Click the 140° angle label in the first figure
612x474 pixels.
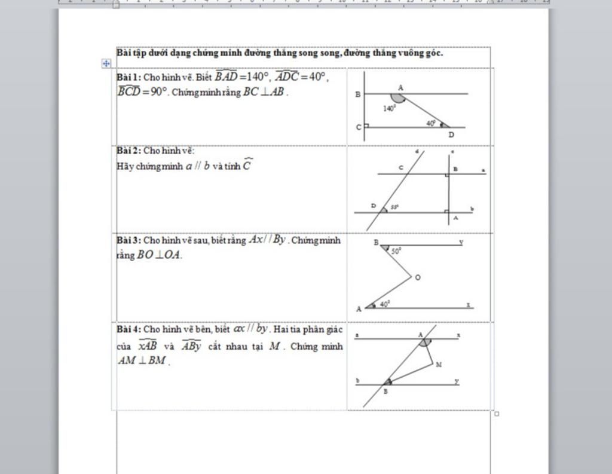[x=390, y=109]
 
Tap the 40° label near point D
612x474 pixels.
[x=431, y=123]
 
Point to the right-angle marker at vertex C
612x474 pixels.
[x=366, y=126]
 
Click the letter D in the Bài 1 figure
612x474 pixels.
[x=451, y=135]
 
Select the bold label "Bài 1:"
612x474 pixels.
[x=128, y=77]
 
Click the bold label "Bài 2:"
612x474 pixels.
[x=128, y=151]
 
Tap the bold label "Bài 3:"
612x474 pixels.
[x=128, y=240]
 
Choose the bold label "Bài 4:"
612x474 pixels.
[x=128, y=329]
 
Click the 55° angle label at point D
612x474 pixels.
[x=394, y=207]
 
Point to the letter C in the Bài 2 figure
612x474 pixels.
[x=401, y=168]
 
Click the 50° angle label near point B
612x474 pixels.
[x=396, y=252]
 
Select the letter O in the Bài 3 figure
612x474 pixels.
[x=418, y=278]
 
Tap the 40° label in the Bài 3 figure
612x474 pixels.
[x=384, y=304]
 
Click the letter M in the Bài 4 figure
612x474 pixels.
[x=439, y=364]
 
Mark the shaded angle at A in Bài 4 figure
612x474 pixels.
[x=424, y=342]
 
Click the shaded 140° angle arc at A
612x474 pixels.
[x=397, y=98]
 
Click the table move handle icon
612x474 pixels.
[x=106, y=63]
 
